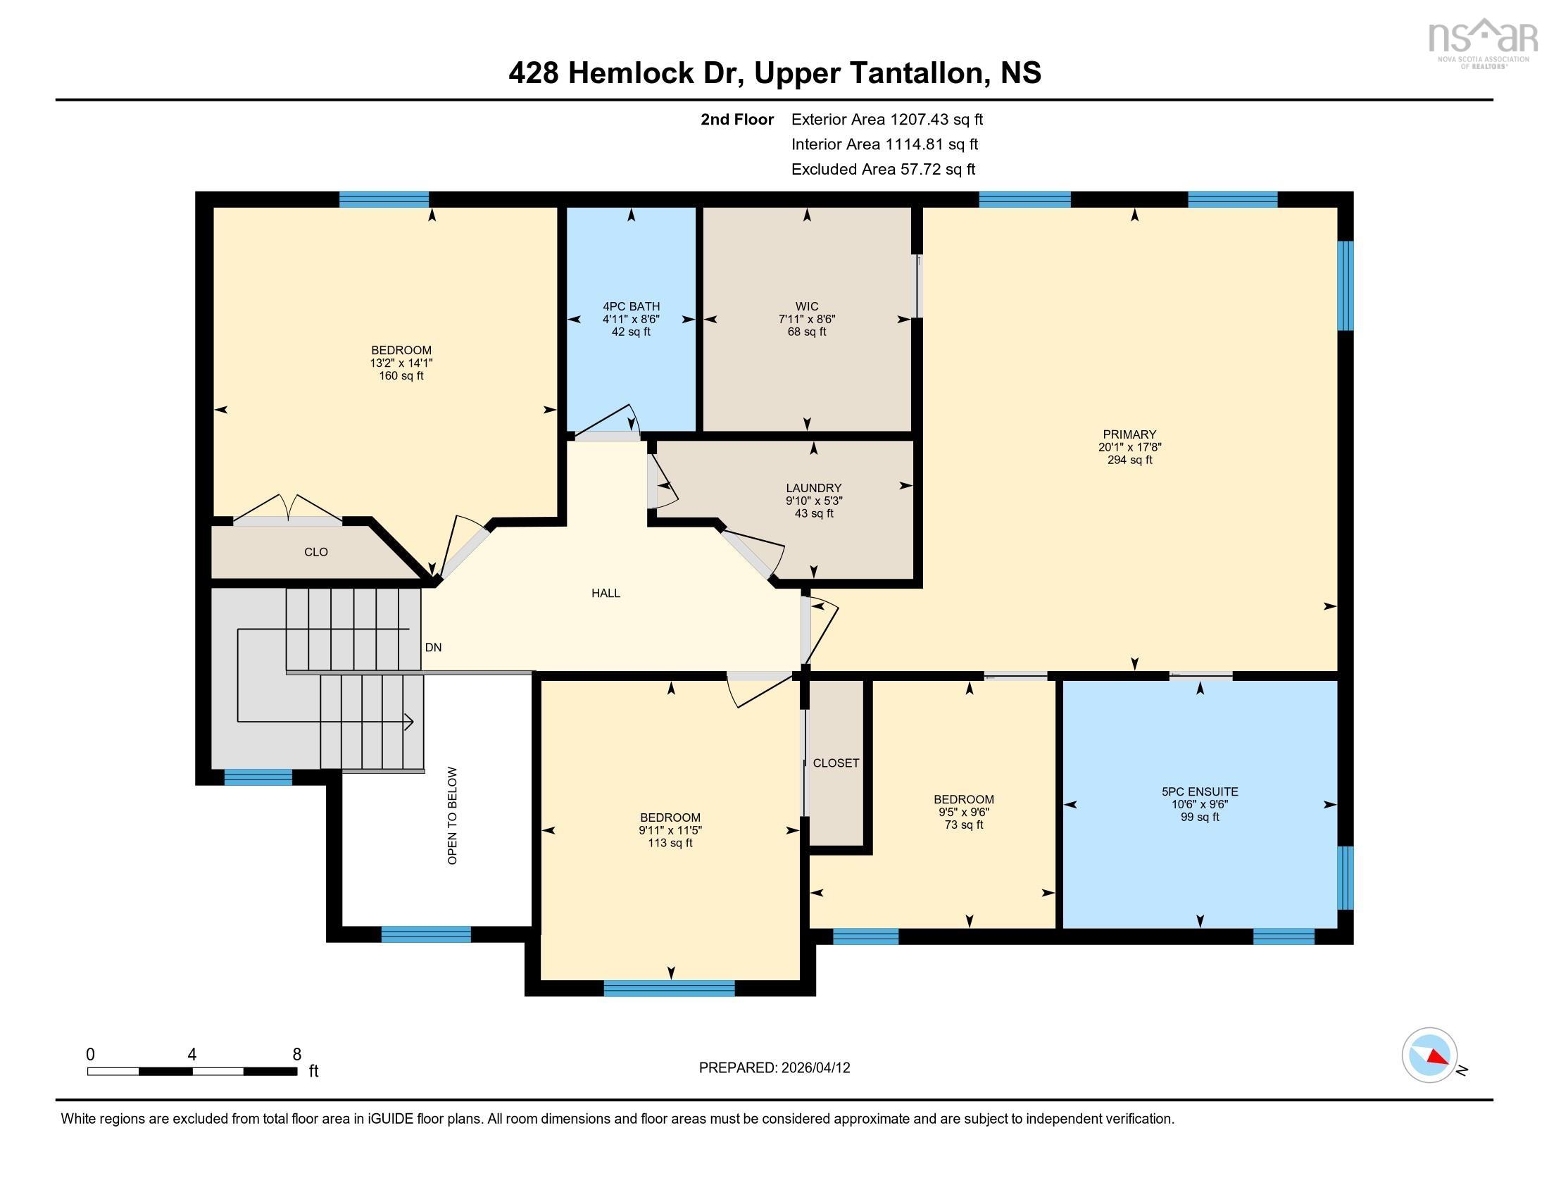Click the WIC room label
click(806, 306)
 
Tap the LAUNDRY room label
click(813, 488)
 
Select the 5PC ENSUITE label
click(1199, 791)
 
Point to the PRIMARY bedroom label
click(1129, 434)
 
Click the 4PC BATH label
click(631, 306)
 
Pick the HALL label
click(606, 593)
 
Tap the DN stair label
click(433, 647)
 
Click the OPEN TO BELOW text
click(453, 815)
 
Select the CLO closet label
click(315, 552)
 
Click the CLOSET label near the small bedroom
click(836, 763)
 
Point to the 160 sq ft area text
click(401, 376)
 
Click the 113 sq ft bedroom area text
click(670, 843)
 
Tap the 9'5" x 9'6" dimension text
click(963, 812)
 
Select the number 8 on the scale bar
click(296, 1055)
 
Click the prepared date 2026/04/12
click(814, 1068)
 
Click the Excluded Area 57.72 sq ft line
click(883, 169)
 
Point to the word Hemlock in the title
click(630, 73)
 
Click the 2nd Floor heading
click(737, 119)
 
